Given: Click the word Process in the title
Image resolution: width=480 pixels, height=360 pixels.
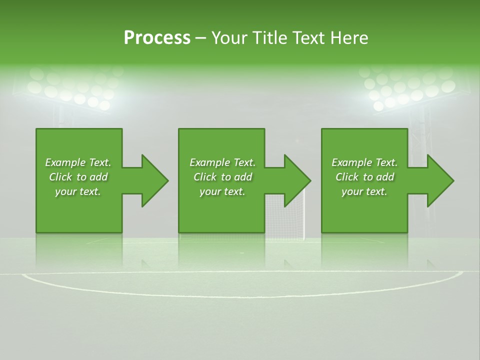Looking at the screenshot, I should coord(157,38).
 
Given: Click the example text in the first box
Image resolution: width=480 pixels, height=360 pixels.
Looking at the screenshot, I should coord(78,177).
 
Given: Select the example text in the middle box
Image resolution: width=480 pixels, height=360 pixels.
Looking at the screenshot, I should coord(222,177).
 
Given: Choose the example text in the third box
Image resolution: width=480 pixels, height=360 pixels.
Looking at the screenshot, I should coord(364,177).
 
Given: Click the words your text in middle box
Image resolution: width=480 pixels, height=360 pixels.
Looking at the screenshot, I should coord(222,191).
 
